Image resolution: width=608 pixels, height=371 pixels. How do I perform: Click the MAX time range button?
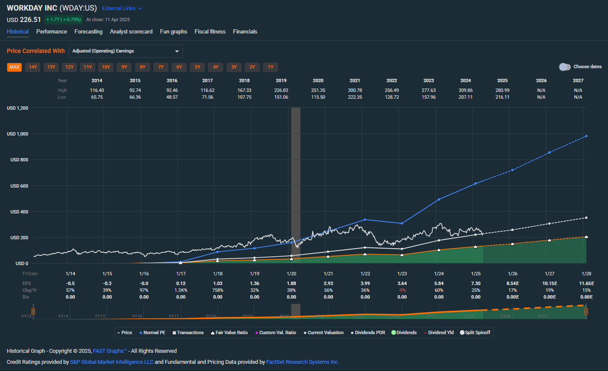click(x=14, y=67)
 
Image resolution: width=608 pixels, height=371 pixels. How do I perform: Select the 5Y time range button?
click(x=197, y=67)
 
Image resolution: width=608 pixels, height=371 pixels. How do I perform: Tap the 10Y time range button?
click(x=106, y=67)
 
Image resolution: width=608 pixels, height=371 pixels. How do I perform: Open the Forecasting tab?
click(x=88, y=32)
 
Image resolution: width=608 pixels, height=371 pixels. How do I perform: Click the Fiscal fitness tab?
click(x=210, y=32)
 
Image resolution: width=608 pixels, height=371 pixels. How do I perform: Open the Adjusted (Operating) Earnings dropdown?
click(x=125, y=51)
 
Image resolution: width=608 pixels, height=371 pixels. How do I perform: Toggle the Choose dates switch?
click(x=564, y=67)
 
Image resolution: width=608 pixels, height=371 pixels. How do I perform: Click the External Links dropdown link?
click(x=122, y=8)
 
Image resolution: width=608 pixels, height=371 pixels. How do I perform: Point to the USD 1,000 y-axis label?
click(x=17, y=134)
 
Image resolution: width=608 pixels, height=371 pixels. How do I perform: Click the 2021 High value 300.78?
click(x=355, y=90)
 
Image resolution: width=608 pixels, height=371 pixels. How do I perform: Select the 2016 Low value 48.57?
click(x=172, y=97)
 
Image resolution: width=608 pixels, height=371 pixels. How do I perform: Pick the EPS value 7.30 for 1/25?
click(x=475, y=283)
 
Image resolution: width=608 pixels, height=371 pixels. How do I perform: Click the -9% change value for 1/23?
click(x=402, y=290)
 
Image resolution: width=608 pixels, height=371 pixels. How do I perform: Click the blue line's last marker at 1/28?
click(x=586, y=136)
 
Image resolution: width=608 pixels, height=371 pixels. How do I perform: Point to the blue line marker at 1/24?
click(x=439, y=199)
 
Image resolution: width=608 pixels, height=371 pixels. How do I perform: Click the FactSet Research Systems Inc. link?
click(x=302, y=362)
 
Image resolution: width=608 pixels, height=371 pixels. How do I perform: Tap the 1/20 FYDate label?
click(x=291, y=274)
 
